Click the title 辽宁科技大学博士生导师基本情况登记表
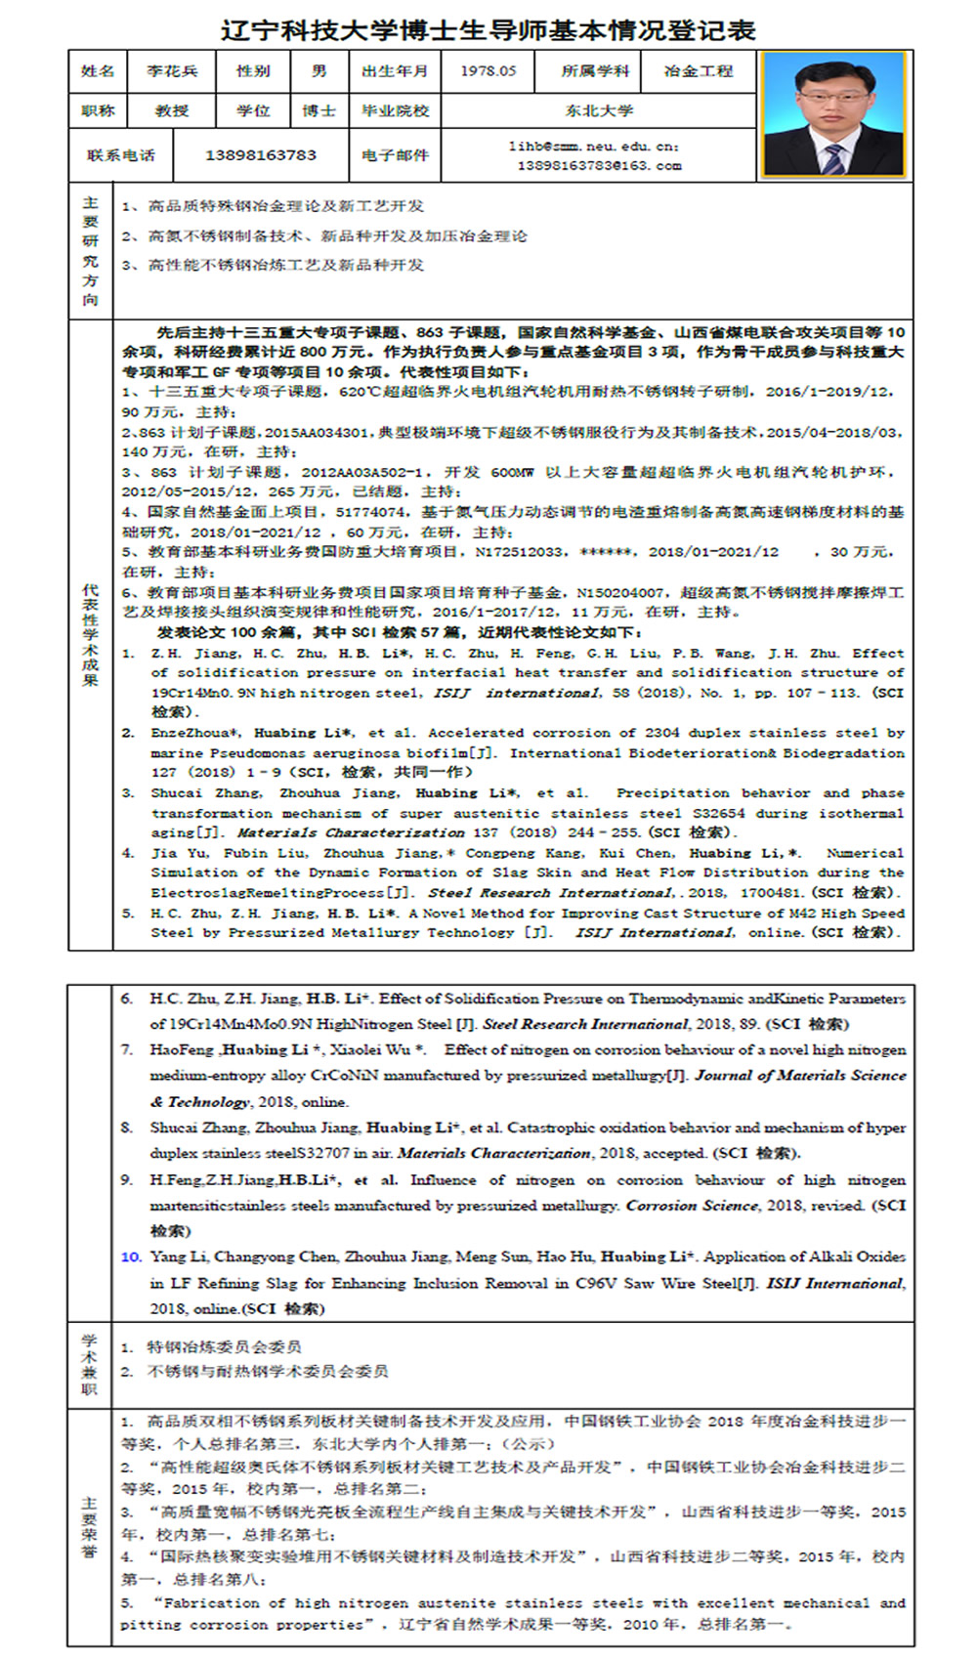point(488,29)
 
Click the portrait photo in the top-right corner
point(834,116)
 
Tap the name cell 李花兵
point(172,71)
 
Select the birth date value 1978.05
point(488,71)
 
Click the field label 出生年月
point(395,71)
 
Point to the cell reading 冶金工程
point(699,71)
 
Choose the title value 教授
point(172,110)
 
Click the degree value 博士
point(319,110)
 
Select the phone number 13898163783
point(260,154)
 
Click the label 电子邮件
point(395,154)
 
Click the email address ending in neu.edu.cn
point(593,147)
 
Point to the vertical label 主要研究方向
point(90,250)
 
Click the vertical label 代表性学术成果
point(90,635)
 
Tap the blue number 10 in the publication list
point(131,1256)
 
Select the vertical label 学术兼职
point(90,1364)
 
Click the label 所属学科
point(596,71)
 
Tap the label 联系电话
point(120,154)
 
